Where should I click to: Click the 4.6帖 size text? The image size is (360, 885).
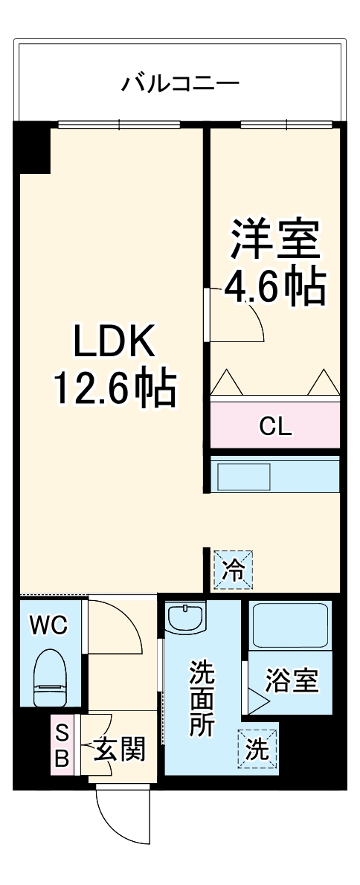274,286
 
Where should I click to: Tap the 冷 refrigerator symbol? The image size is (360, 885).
234,570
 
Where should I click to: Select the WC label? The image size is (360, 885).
48,625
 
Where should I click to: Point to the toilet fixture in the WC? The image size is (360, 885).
51,676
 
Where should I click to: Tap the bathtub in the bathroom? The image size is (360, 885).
290,625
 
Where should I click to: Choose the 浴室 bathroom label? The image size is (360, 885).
292,680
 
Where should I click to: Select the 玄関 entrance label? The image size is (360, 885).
118,750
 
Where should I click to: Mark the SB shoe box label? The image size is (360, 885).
62,746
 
